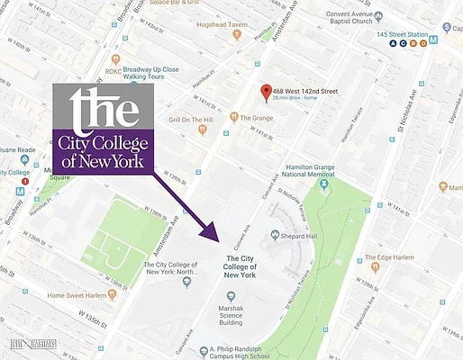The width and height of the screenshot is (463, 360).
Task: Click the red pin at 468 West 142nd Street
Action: (265, 92)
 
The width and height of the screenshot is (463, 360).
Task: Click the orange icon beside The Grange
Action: (232, 117)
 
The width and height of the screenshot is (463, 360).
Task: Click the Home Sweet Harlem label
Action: (83, 295)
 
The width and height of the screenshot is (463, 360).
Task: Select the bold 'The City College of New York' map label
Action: (241, 268)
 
